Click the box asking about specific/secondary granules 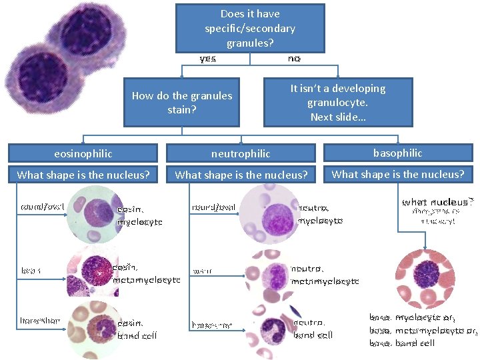[250, 28]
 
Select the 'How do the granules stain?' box [181, 102]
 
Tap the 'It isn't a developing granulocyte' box [338, 102]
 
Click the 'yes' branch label [208, 59]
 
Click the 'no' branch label [294, 59]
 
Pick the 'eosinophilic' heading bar [83, 153]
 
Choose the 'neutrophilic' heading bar [241, 153]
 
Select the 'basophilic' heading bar [397, 153]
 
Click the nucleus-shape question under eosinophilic [83, 175]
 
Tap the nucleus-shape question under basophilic [397, 175]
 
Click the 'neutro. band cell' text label [313, 329]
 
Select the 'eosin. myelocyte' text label [139, 215]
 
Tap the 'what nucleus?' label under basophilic [437, 201]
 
